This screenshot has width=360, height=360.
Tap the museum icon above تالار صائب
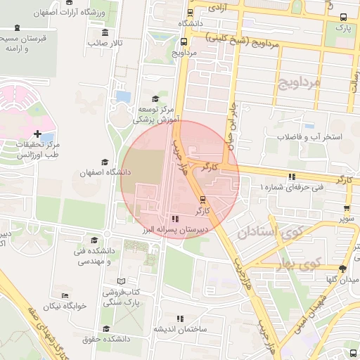[105, 32]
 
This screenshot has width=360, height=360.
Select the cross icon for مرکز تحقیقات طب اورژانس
[37, 133]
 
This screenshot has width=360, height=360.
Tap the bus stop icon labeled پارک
[342, 18]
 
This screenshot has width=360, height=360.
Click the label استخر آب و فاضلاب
[309, 136]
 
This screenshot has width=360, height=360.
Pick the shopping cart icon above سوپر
[347, 207]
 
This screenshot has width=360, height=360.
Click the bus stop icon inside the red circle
[202, 199]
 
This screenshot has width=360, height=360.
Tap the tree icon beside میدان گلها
[342, 268]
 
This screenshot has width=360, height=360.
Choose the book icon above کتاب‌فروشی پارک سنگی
[120, 281]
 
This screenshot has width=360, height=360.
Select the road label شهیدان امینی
[302, 306]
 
